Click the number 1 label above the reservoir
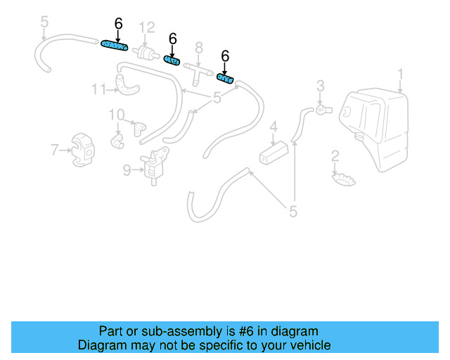coord(401,73)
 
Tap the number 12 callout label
coord(146,27)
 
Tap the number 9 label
coord(127,169)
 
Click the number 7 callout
coord(54,149)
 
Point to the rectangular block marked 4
coord(274,152)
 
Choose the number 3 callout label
coord(320,86)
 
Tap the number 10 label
coord(116,115)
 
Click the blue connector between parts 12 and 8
coord(172,60)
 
